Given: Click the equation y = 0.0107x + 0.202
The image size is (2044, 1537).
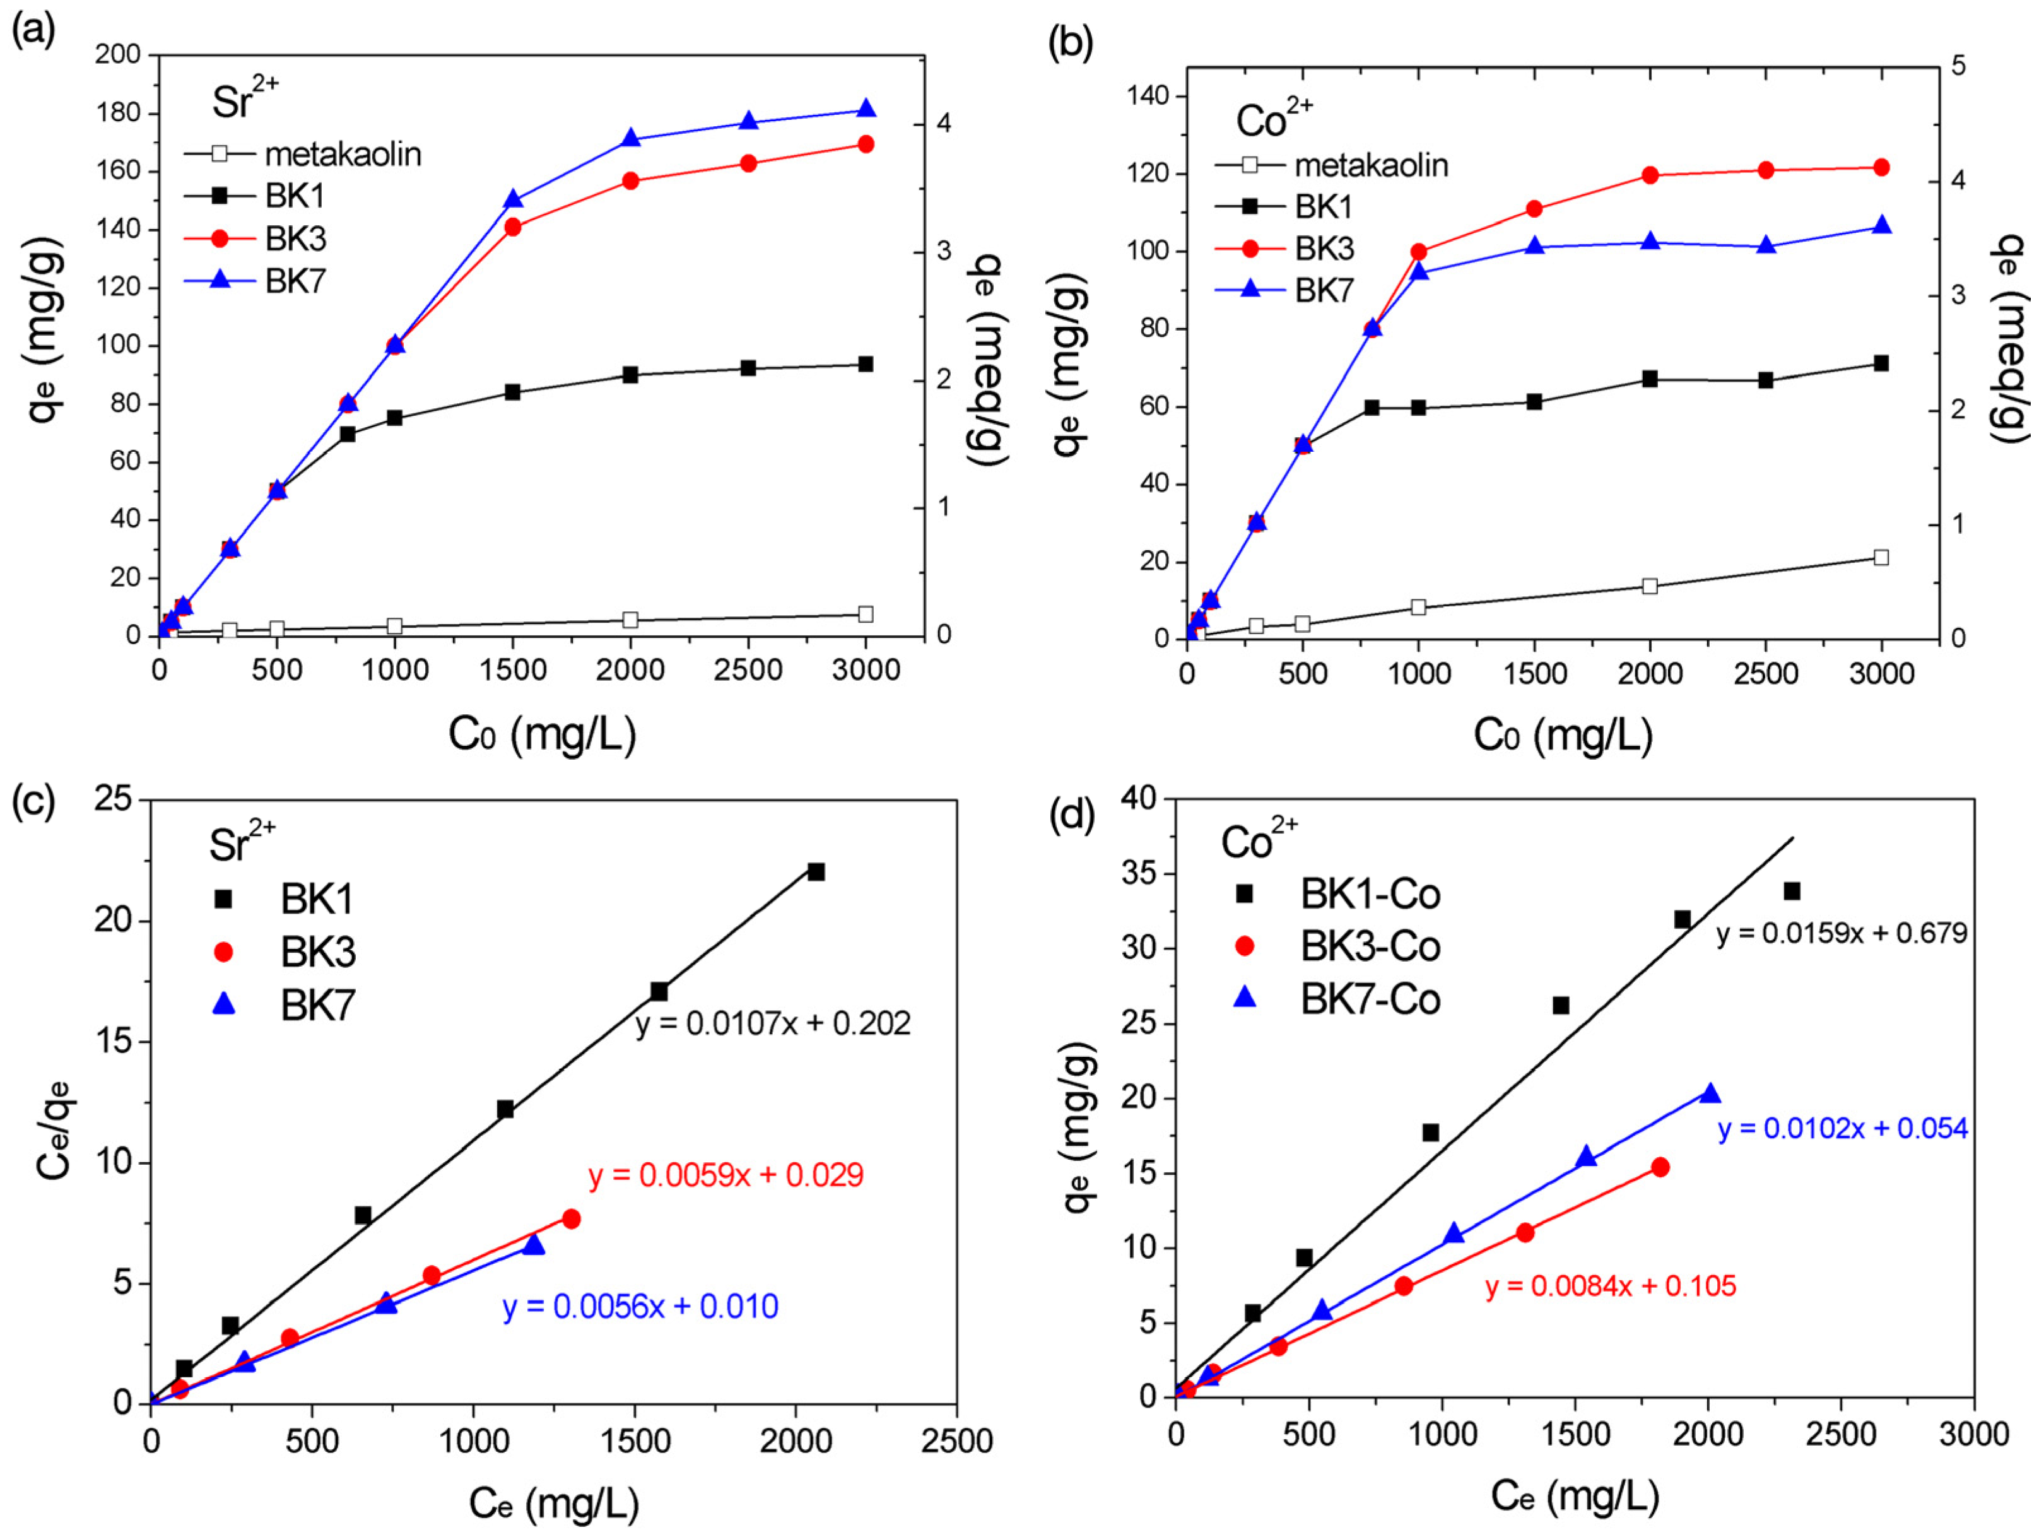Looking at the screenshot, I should tap(773, 1023).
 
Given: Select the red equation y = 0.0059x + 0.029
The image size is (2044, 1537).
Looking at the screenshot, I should tap(725, 1175).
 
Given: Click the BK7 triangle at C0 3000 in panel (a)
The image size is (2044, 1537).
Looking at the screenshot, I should tap(866, 109).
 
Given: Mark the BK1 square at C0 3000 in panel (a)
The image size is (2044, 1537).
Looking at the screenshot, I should tap(866, 364).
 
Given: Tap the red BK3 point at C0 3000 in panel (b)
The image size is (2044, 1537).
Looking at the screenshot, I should tap(1881, 167).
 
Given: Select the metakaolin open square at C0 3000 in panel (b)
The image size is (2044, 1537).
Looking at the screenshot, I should tap(1881, 557).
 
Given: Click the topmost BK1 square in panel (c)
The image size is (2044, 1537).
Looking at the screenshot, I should tap(816, 871).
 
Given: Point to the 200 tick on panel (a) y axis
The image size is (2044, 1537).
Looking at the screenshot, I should tap(118, 54).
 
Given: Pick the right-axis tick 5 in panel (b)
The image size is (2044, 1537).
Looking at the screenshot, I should tap(1956, 66).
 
